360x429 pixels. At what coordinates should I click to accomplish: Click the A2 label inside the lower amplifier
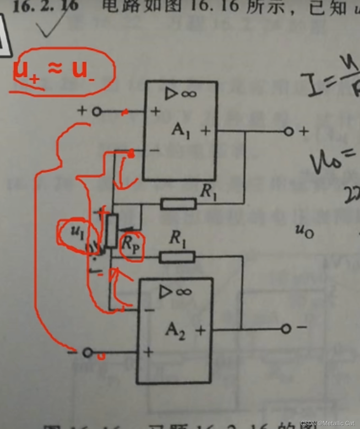click(175, 330)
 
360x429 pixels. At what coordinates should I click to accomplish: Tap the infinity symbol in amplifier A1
click(189, 93)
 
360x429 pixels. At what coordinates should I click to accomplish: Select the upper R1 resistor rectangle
click(179, 204)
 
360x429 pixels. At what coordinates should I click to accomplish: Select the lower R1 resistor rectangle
click(177, 257)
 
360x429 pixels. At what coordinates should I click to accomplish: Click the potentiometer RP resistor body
click(111, 230)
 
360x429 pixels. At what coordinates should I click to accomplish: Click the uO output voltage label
click(304, 231)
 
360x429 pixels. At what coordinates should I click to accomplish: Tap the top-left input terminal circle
click(97, 111)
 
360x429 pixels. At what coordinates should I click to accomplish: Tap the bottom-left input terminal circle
click(88, 353)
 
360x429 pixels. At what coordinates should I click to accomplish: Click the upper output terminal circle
click(289, 131)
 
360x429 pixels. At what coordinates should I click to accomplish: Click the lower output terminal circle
click(286, 328)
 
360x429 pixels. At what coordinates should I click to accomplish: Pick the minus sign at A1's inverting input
click(155, 150)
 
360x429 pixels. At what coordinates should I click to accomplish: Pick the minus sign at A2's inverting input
click(149, 310)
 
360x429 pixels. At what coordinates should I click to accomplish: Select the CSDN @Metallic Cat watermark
click(327, 423)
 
